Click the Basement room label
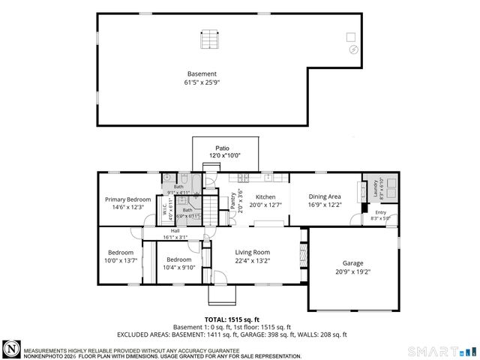202,73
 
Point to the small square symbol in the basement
350,37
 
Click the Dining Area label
325,196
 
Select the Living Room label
252,253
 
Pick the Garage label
353,263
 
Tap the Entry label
380,212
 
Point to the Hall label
175,230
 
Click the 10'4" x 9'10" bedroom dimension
180,268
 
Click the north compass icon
12,349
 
